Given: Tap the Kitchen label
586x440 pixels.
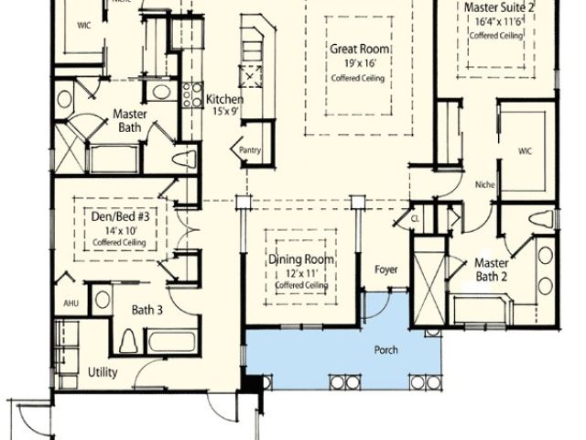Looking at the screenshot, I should point(223,99).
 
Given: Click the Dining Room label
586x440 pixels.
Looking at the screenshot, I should point(301,260).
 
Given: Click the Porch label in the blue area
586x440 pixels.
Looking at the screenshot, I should point(385,351).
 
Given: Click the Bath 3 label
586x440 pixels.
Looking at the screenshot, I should point(146,310).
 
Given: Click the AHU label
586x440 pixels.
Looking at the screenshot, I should point(71,302).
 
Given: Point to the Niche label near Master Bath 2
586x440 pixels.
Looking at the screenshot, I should point(485,185).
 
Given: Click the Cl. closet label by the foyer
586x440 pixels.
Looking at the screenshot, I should point(415,219).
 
